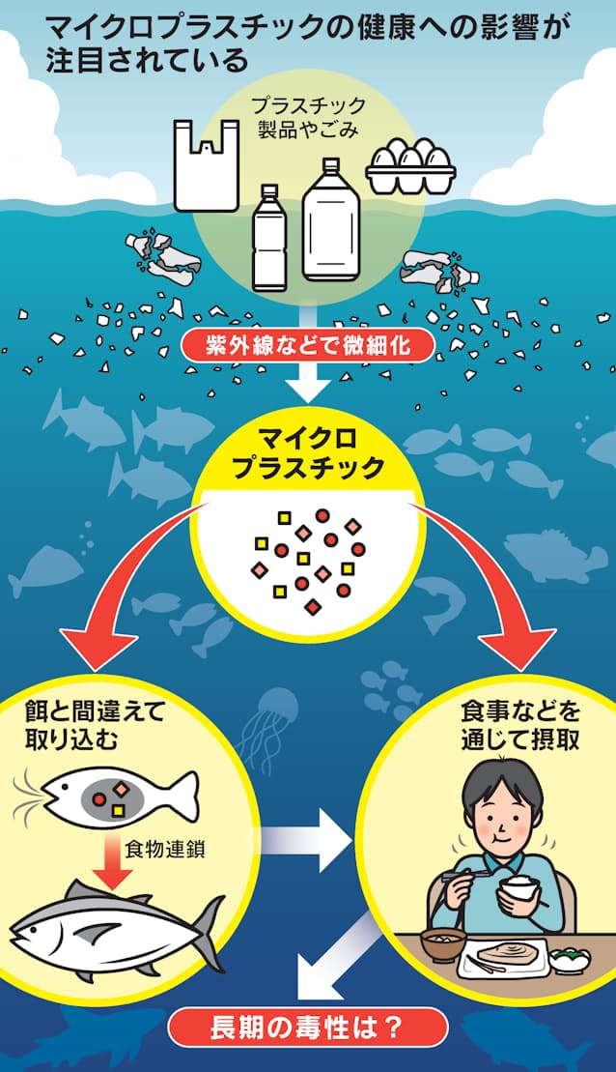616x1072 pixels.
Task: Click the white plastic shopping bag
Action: click(x=206, y=166)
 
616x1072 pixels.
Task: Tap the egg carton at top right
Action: click(x=410, y=166)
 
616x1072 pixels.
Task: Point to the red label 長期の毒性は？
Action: click(x=307, y=1027)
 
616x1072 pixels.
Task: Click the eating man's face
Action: click(x=504, y=821)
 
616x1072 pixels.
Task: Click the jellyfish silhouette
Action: click(x=276, y=715)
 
